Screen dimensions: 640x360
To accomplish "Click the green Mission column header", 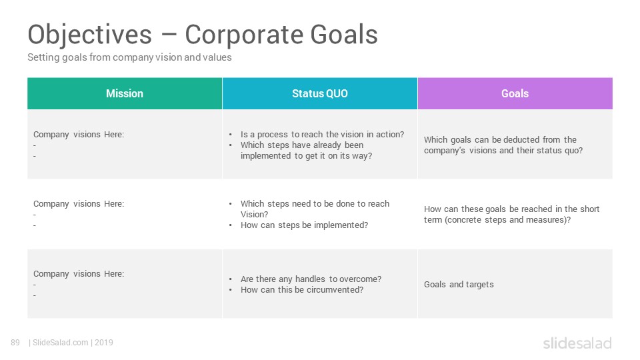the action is click(125, 93).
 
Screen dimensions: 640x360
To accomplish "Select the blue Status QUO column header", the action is click(320, 93).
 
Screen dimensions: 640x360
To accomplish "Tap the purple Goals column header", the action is click(515, 93).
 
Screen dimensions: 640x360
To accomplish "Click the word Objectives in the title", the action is click(90, 34).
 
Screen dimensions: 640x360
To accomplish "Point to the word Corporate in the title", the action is click(244, 34).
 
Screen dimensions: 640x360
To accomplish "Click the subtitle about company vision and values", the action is click(129, 57).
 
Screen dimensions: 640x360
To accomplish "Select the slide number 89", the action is click(15, 343).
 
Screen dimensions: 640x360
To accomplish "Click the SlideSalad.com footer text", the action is click(61, 343).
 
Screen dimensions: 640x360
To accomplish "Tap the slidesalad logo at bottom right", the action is click(577, 343).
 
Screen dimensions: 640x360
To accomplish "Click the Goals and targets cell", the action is click(459, 285).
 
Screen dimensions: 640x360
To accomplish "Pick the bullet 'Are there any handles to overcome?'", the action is click(311, 279).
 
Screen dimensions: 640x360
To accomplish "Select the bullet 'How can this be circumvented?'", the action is click(302, 290).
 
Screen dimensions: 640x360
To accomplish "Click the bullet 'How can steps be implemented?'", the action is click(305, 225).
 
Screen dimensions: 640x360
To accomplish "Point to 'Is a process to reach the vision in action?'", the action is click(323, 134).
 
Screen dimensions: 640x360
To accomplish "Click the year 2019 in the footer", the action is click(104, 343).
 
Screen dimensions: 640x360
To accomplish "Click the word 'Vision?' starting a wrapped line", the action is click(255, 214).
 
